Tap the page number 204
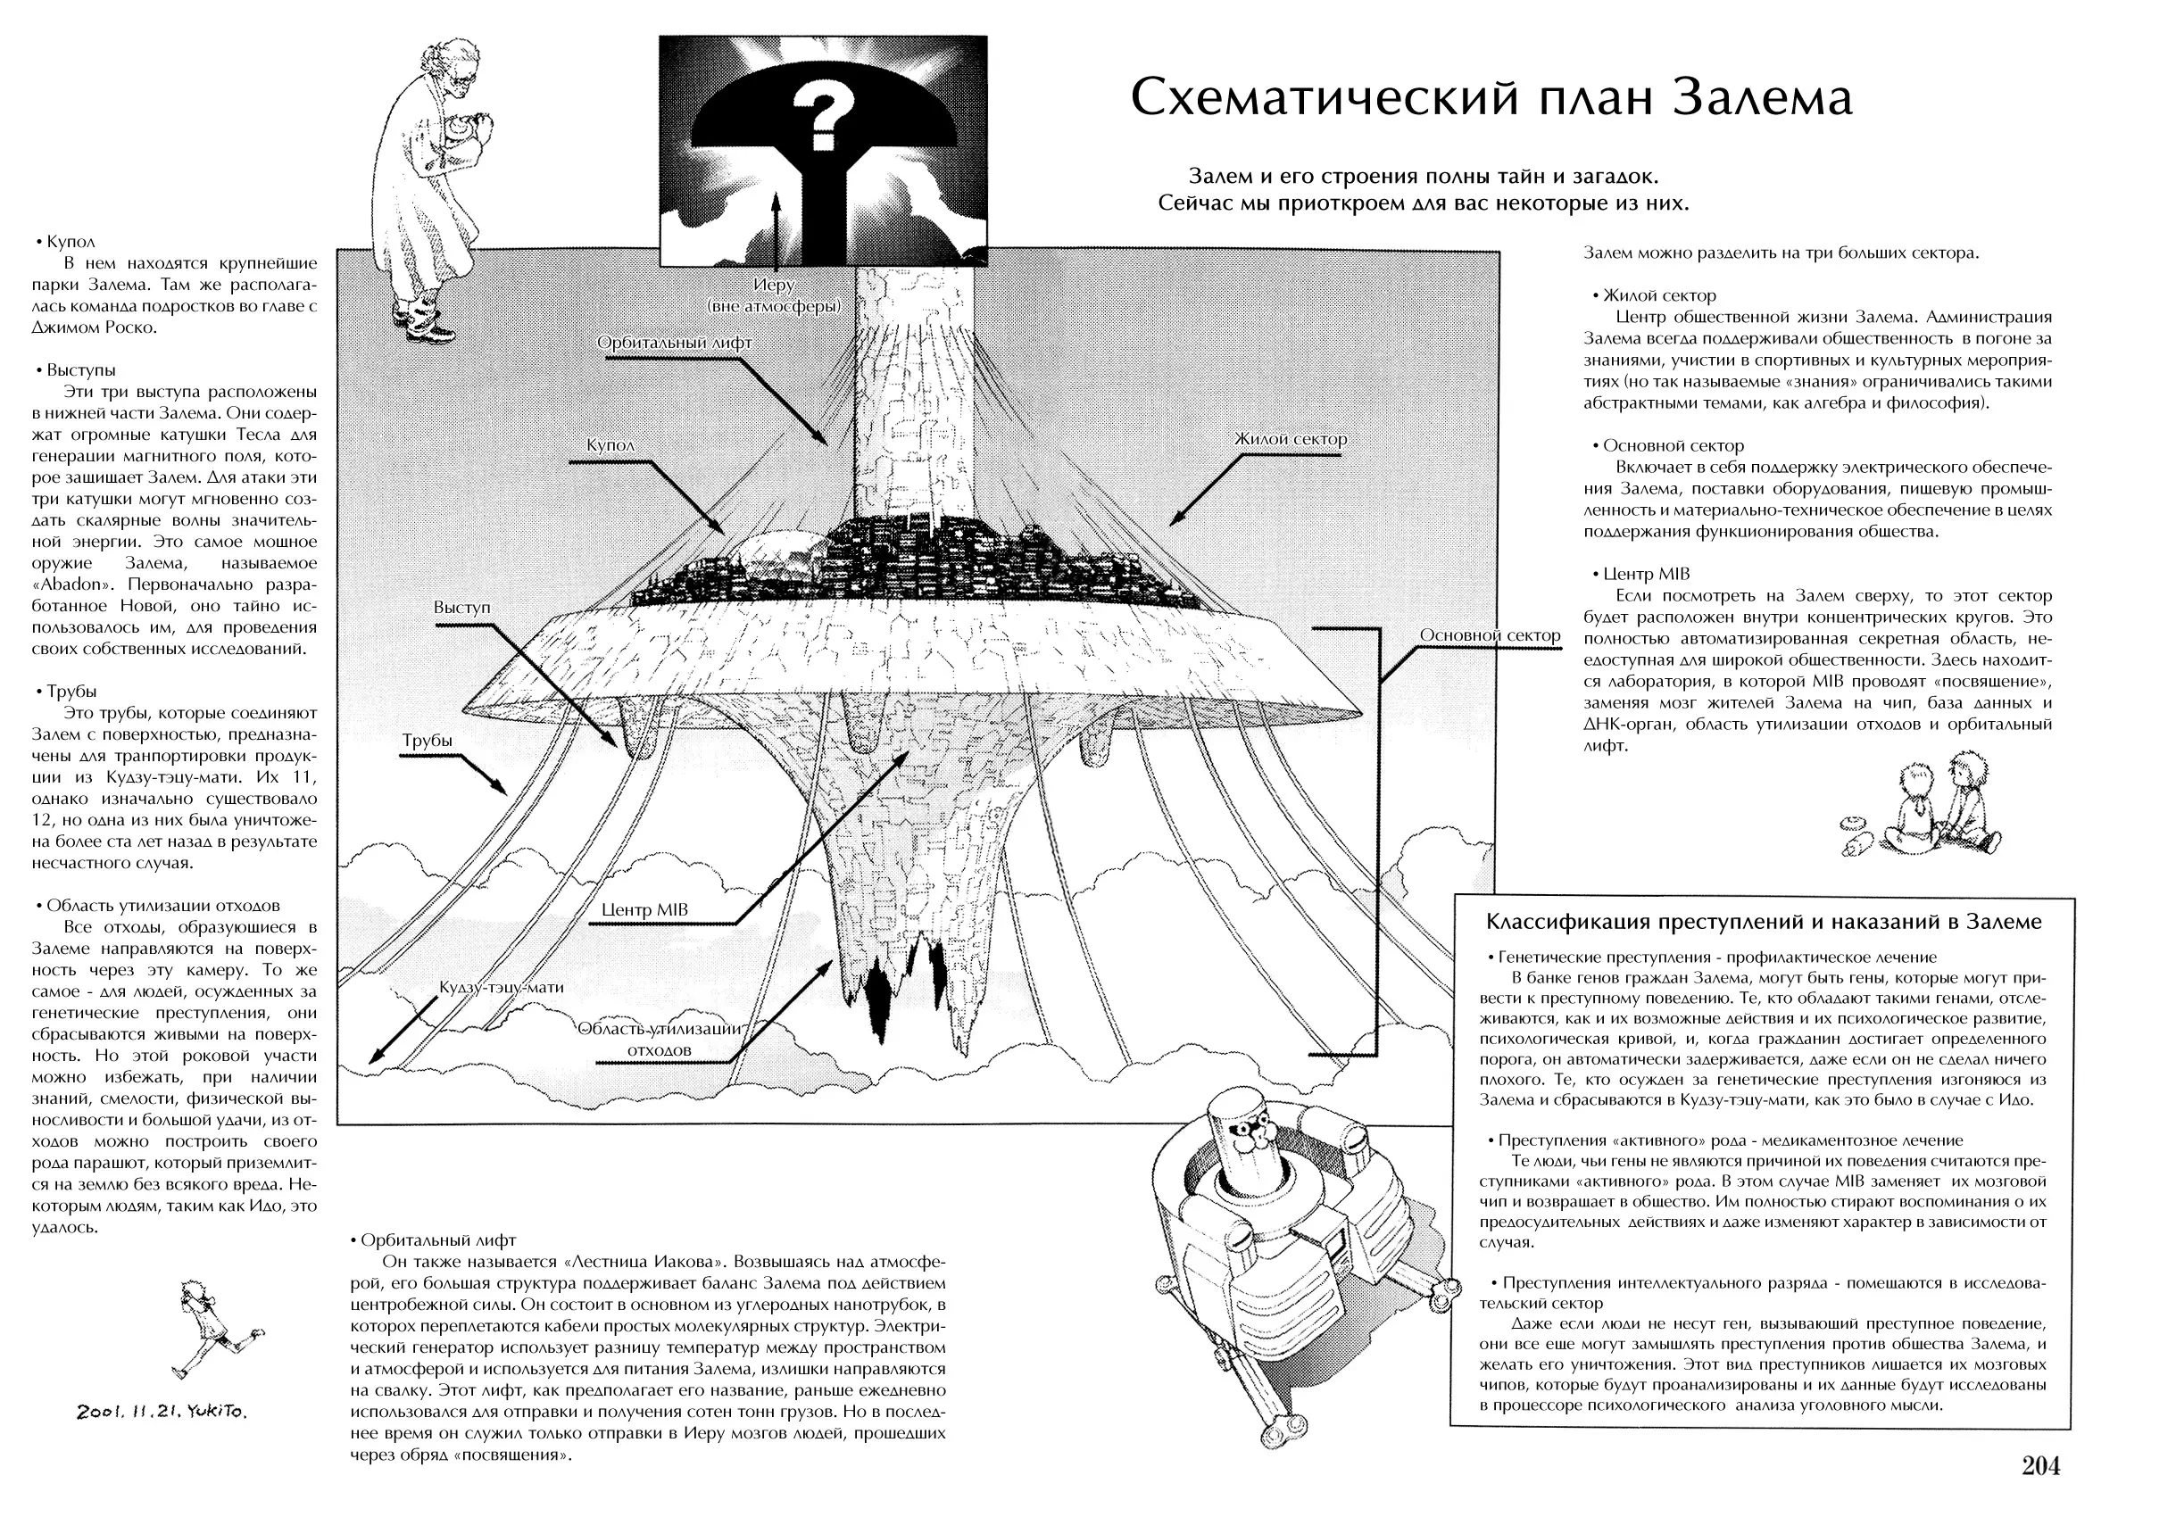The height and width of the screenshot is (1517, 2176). click(2040, 1466)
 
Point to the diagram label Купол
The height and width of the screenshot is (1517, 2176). click(610, 445)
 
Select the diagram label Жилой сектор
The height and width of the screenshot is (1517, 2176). click(1290, 440)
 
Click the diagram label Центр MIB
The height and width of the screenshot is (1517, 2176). click(644, 909)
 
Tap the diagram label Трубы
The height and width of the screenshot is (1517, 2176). click(428, 741)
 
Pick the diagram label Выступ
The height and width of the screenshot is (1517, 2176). click(462, 608)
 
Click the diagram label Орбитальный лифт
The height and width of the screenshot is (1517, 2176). click(674, 343)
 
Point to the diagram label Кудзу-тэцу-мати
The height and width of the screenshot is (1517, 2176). click(502, 987)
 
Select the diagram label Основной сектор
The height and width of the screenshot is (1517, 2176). click(1490, 635)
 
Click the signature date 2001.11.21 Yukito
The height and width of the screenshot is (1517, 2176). click(162, 1412)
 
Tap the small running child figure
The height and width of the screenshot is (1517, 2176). click(214, 1329)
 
